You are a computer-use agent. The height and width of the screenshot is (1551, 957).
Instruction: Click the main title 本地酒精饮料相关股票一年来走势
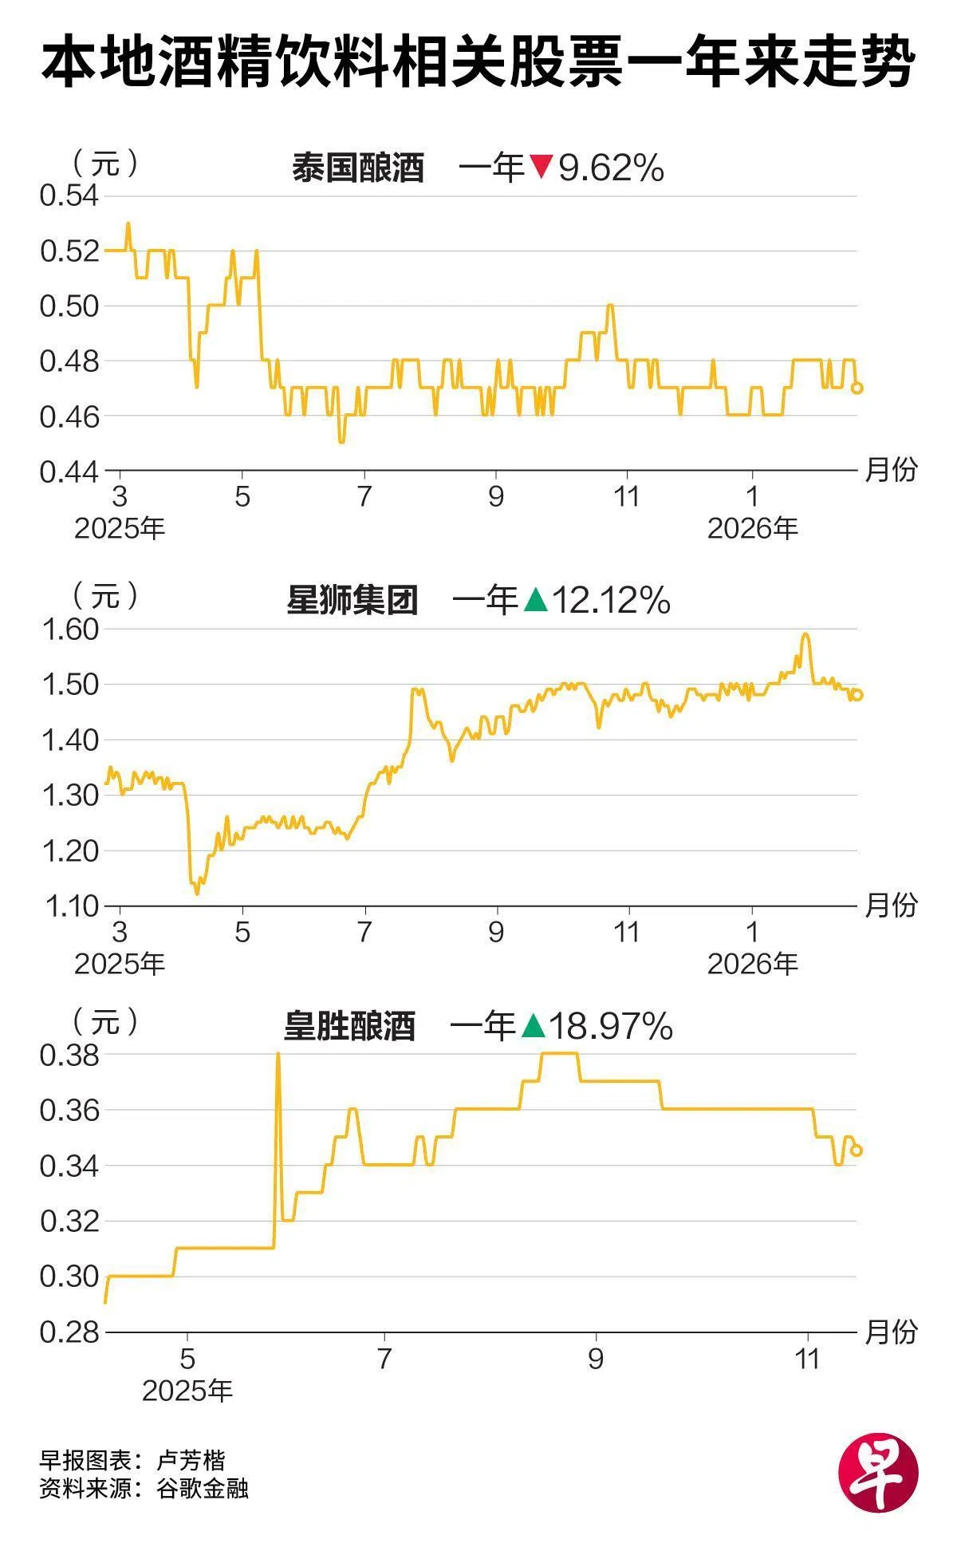[478, 64]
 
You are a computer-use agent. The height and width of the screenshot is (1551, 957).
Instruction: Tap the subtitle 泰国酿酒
[357, 168]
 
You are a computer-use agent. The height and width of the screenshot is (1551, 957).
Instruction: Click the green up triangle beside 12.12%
[536, 600]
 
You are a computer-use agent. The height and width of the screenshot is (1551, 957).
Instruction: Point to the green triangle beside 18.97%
[533, 1026]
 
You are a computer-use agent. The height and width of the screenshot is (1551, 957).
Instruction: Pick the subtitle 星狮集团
[352, 600]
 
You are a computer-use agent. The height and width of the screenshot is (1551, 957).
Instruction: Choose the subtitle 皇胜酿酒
[349, 1026]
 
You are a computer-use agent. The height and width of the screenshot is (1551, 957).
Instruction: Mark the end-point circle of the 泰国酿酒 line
[857, 388]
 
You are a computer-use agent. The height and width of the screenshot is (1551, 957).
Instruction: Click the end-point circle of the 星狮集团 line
[857, 695]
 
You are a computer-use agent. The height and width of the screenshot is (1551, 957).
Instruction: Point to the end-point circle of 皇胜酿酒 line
[857, 1150]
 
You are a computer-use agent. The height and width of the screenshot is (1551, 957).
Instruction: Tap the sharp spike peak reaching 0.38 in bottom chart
[278, 1055]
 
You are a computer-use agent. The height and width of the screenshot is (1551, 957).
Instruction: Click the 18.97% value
[611, 1026]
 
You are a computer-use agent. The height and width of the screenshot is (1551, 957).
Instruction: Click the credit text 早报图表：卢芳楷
[132, 1460]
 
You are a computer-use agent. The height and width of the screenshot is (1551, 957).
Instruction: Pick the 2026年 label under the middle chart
[752, 964]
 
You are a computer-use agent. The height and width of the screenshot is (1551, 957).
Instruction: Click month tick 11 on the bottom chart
[808, 1359]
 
